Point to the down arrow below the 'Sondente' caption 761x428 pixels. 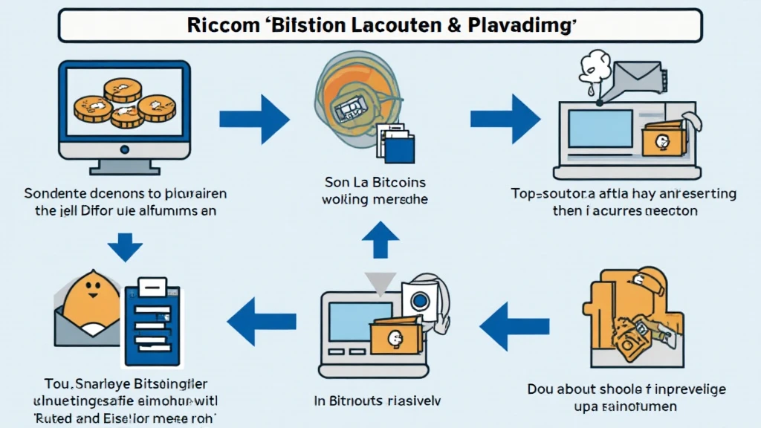(x=125, y=246)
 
